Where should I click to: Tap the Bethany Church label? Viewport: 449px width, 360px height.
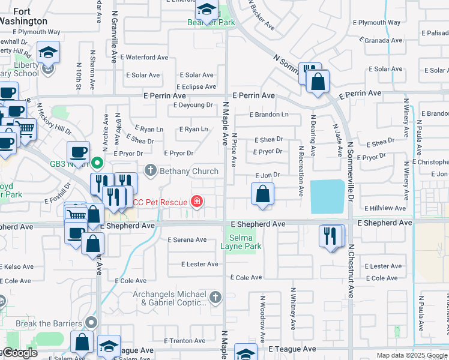point(188,171)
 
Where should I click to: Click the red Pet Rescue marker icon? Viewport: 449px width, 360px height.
point(196,201)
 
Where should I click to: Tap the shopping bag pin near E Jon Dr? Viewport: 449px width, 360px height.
point(262,194)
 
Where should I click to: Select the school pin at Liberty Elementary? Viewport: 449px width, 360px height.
point(48,52)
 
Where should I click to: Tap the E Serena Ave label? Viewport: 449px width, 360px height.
point(187,240)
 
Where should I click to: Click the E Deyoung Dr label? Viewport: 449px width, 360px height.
point(193,104)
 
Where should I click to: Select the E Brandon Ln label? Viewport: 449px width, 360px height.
point(270,115)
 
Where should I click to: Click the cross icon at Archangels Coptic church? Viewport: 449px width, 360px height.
point(215,296)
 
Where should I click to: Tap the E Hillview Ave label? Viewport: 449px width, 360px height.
point(385,208)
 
